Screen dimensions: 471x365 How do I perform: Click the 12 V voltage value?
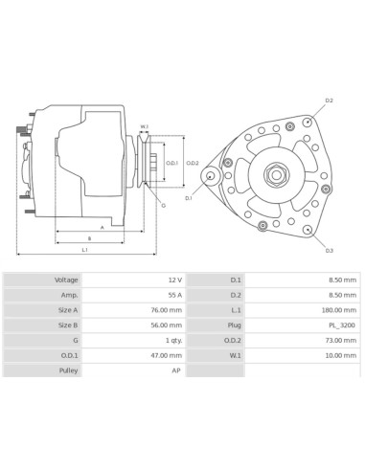[174, 280]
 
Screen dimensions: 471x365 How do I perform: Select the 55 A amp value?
[174, 295]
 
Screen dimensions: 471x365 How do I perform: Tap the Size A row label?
[68, 310]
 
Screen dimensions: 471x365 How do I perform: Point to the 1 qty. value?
[172, 341]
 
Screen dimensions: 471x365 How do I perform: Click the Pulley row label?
[68, 370]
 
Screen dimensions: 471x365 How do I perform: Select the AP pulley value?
[176, 370]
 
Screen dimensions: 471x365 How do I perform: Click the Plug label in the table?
[235, 325]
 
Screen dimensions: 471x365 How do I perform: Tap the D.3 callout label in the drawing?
[329, 251]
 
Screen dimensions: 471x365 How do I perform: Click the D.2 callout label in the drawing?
[329, 101]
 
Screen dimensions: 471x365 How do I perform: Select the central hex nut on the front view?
[274, 174]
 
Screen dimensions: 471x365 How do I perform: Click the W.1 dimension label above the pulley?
[144, 126]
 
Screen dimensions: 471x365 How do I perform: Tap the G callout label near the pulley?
[163, 206]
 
